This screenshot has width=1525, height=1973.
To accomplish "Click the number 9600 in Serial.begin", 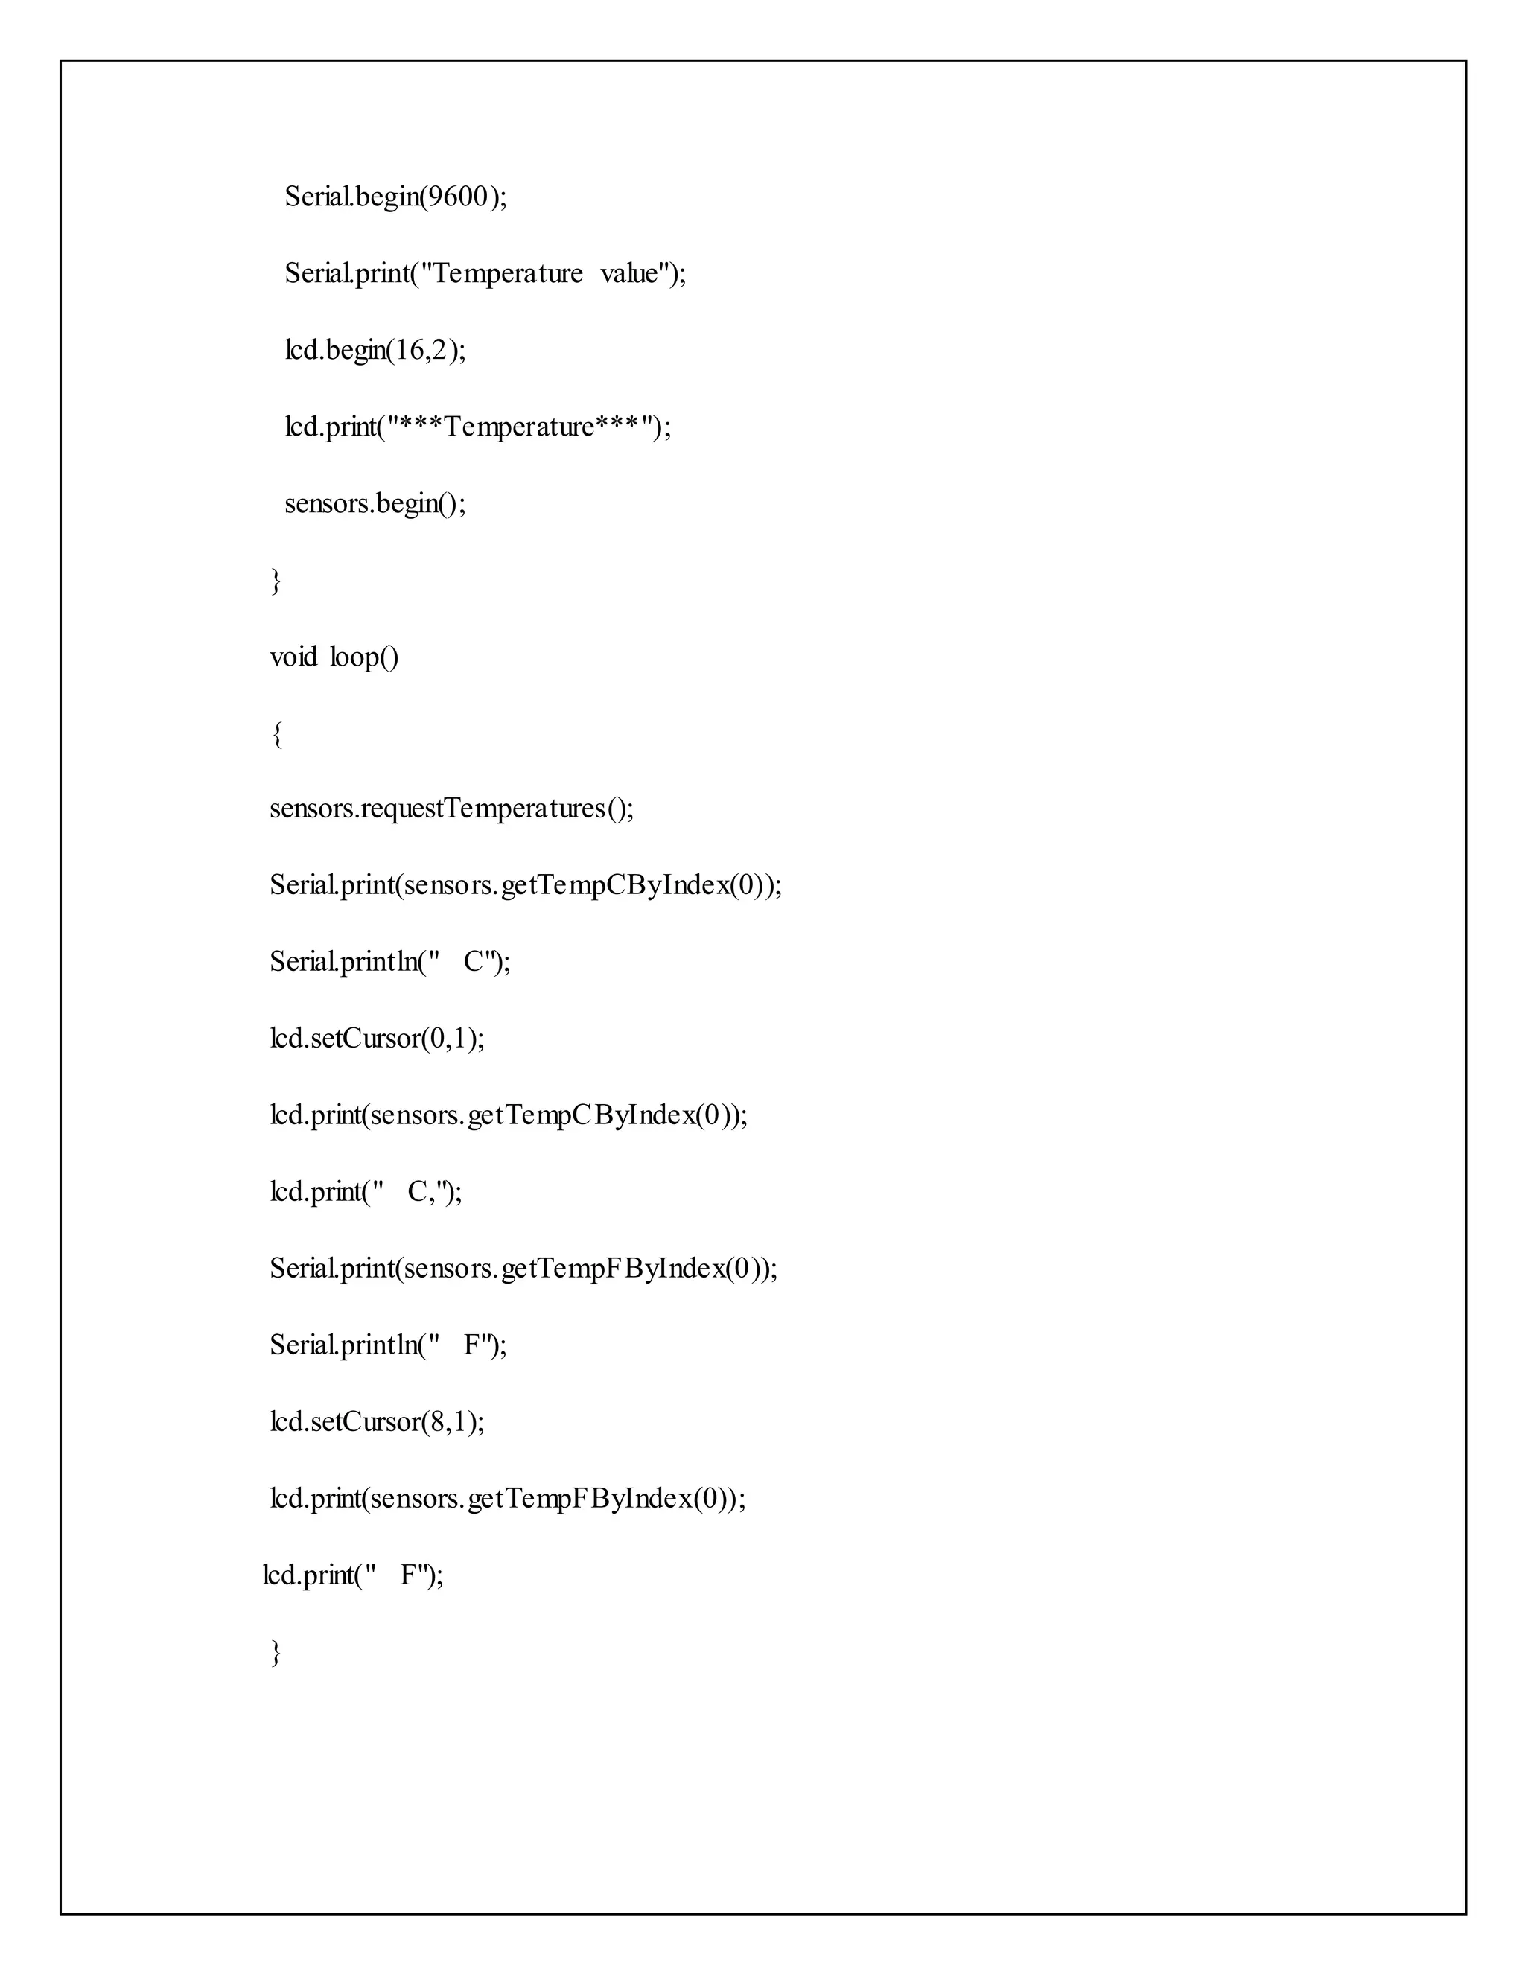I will (x=457, y=197).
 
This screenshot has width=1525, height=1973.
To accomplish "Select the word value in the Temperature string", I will (x=628, y=274).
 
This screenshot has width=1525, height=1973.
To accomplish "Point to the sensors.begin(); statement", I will (x=375, y=503).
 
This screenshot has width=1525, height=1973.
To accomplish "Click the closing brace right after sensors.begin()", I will (x=276, y=581).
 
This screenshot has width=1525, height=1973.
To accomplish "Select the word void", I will (x=293, y=657).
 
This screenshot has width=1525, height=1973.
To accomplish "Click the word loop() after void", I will (x=363, y=657).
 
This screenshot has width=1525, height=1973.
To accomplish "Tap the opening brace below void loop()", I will (x=276, y=734).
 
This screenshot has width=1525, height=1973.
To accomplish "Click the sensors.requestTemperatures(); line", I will (x=452, y=809).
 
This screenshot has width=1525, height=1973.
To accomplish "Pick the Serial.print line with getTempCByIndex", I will (x=525, y=885).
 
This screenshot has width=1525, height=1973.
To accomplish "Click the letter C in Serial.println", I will (x=474, y=962).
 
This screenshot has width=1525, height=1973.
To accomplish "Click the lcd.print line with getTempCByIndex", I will (x=509, y=1116).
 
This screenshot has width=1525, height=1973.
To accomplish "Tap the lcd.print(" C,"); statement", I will (x=366, y=1193).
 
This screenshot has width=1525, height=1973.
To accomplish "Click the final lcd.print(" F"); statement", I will (x=353, y=1575).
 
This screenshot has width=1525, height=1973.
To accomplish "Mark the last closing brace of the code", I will (x=276, y=1653).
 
